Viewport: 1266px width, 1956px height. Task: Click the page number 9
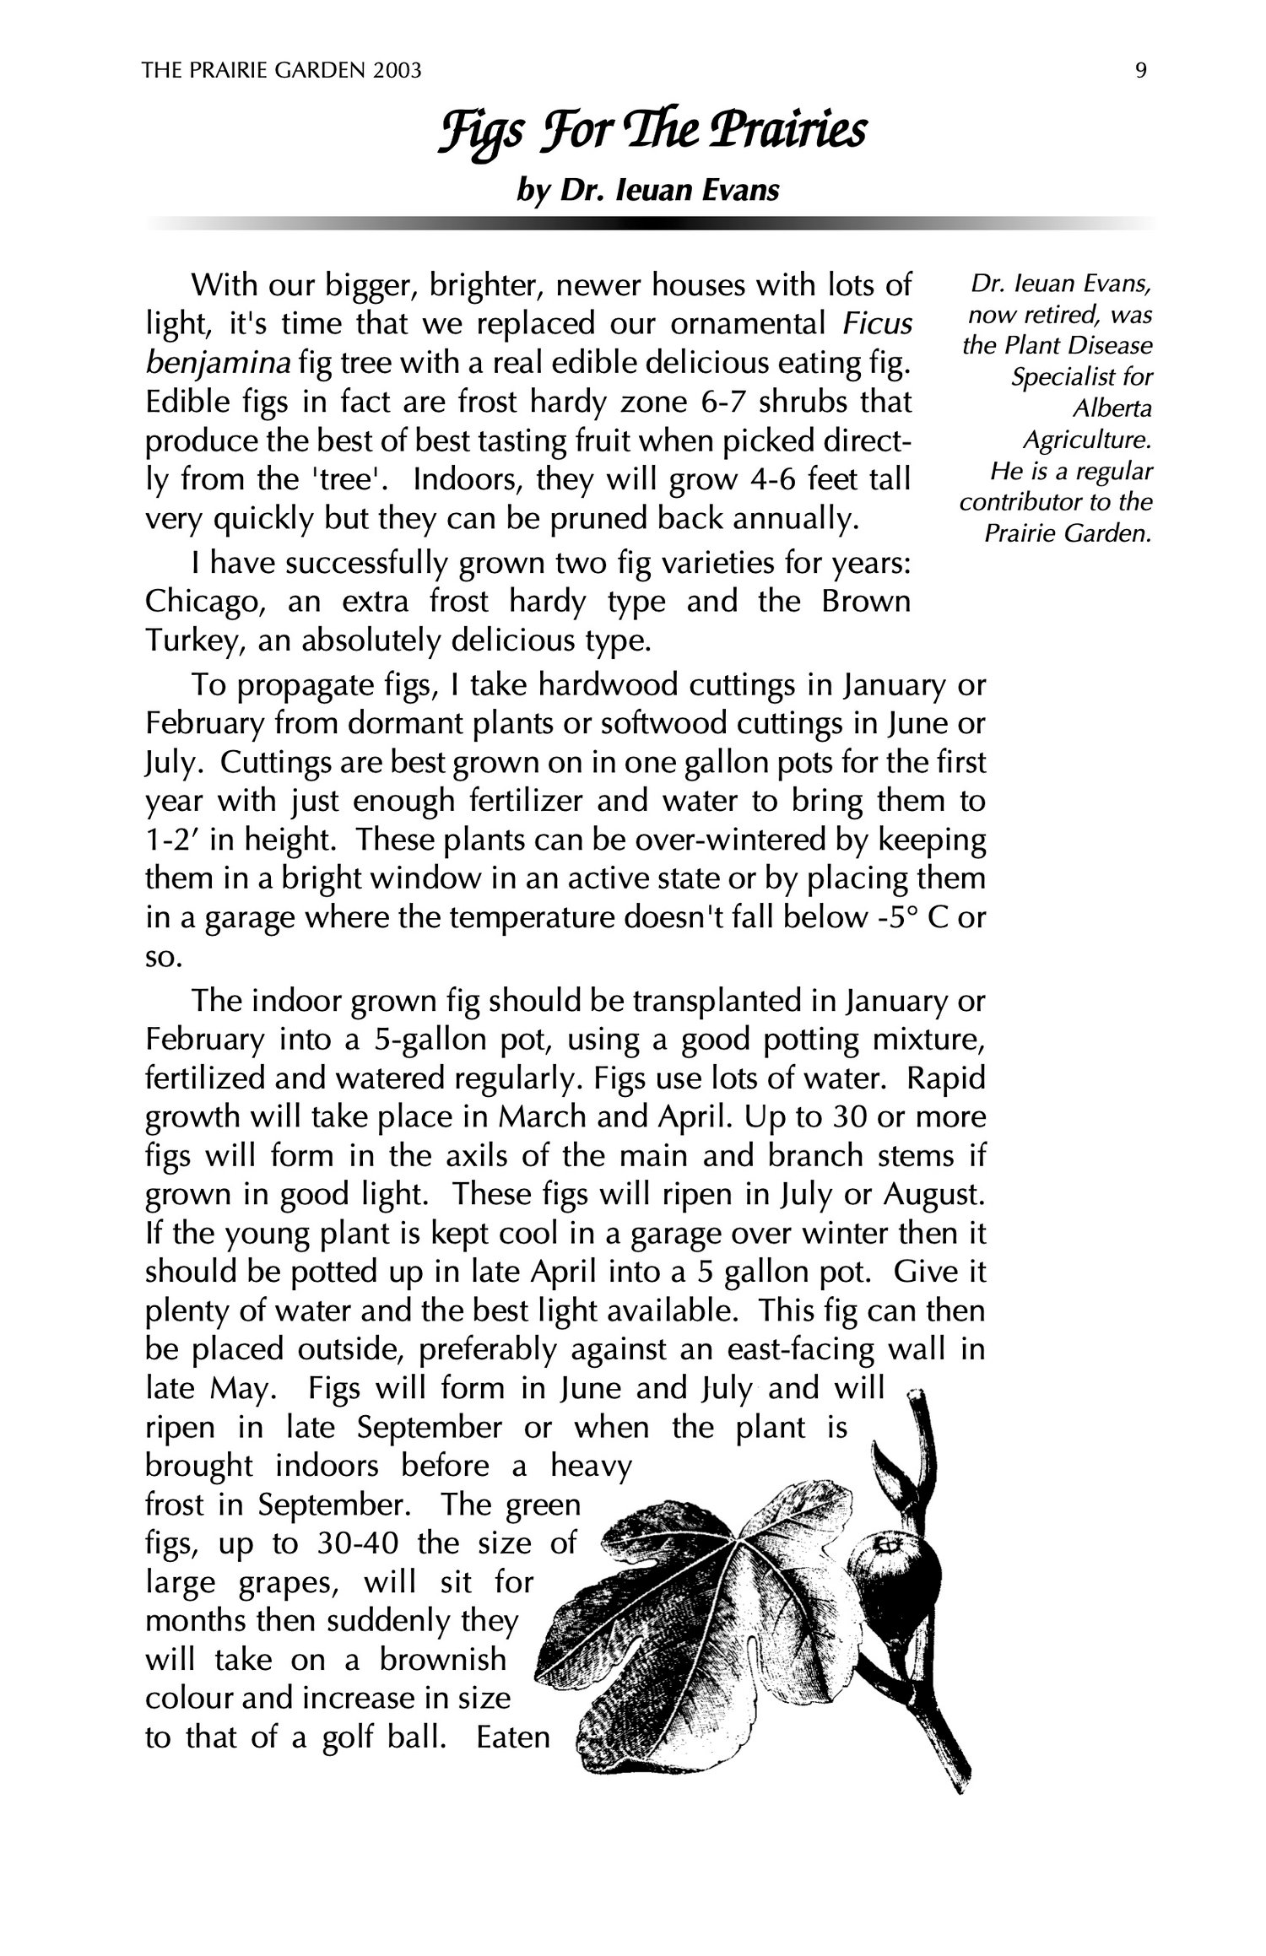(x=1141, y=72)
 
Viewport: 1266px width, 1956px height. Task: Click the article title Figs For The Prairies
(x=652, y=133)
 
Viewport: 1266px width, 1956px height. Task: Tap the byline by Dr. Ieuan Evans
(x=647, y=191)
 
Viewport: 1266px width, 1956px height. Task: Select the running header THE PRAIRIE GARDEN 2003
(x=282, y=72)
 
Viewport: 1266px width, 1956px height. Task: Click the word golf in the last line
(x=353, y=1739)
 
